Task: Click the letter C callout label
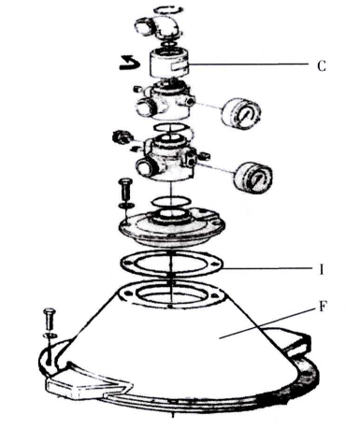(322, 66)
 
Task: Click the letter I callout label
(322, 269)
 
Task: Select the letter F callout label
(323, 307)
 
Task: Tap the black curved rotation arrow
(129, 63)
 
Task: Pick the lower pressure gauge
(252, 177)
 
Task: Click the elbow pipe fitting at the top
(158, 27)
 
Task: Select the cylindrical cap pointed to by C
(169, 64)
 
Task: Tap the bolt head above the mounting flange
(125, 181)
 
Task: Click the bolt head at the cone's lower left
(50, 311)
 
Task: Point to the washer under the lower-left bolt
(50, 336)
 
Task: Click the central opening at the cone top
(170, 294)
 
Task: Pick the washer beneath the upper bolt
(126, 206)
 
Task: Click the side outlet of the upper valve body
(144, 107)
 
